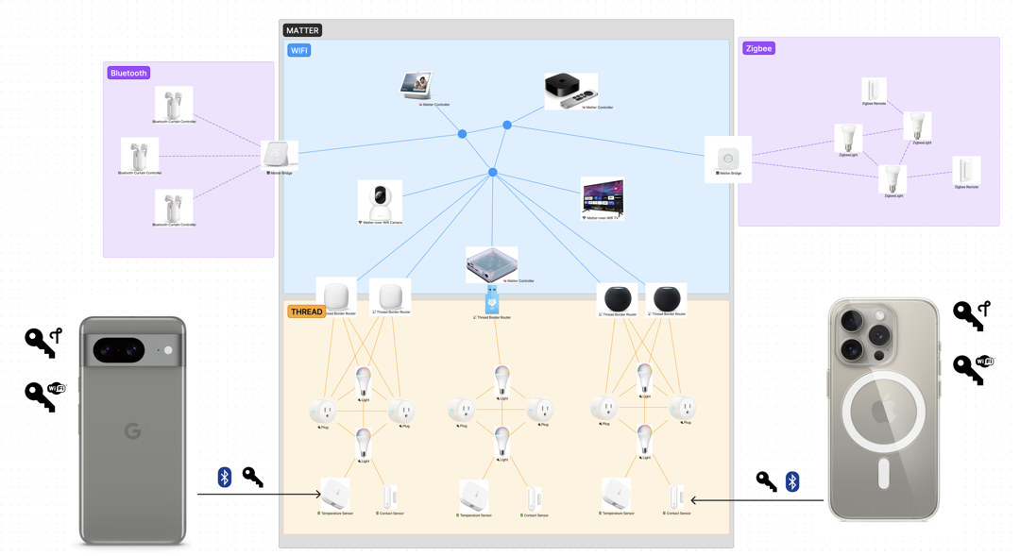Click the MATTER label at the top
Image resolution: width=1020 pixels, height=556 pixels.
[302, 30]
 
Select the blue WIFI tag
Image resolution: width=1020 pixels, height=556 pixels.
[298, 50]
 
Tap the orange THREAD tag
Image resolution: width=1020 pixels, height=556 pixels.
[306, 312]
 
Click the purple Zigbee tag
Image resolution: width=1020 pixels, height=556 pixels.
[758, 48]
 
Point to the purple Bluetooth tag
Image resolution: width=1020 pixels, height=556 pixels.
[128, 73]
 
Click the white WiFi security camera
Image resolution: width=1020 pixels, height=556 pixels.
[380, 200]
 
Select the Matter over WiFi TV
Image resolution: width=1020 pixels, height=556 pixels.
[603, 197]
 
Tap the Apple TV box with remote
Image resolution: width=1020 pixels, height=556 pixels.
[569, 90]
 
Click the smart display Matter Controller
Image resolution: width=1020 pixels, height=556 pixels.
[416, 86]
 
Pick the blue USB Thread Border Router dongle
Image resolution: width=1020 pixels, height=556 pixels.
[492, 300]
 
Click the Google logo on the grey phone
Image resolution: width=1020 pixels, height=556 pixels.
[132, 431]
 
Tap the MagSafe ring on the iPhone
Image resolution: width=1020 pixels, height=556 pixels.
[883, 413]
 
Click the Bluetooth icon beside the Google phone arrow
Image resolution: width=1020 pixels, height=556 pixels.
[225, 477]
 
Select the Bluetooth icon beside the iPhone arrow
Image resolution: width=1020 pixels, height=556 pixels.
[792, 481]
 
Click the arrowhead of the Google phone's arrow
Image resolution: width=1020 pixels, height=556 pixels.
[318, 494]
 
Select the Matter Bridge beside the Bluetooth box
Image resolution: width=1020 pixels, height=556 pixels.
[279, 155]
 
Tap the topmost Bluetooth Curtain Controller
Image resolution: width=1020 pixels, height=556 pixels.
[173, 104]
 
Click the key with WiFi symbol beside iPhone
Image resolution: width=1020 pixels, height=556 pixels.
[973, 368]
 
